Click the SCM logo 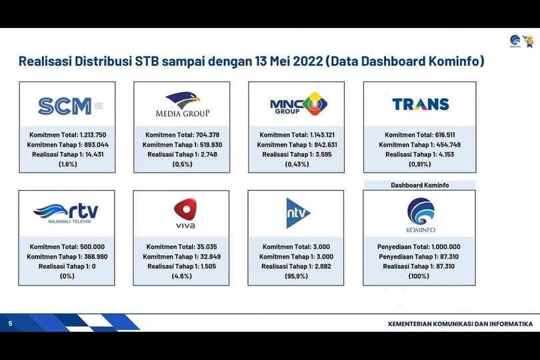pos(70,106)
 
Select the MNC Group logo pos(299,104)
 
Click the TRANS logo pos(421,104)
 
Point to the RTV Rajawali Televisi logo pos(66,213)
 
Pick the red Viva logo pos(185,213)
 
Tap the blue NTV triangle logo pos(298,213)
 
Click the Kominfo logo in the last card pos(421,215)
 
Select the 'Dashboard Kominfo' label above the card pos(420,185)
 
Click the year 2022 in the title pos(305,61)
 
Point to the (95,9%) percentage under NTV pos(296,276)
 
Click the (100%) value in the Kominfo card pos(419,276)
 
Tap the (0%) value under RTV pos(67,276)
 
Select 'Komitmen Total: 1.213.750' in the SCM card pos(68,135)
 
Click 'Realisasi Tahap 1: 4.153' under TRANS pos(420,155)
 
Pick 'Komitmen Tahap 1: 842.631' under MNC pos(297,145)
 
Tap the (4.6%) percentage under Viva pos(181,276)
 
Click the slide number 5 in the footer pos(10,323)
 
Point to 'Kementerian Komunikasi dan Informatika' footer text pos(461,324)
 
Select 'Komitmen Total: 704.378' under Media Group pos(182,135)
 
